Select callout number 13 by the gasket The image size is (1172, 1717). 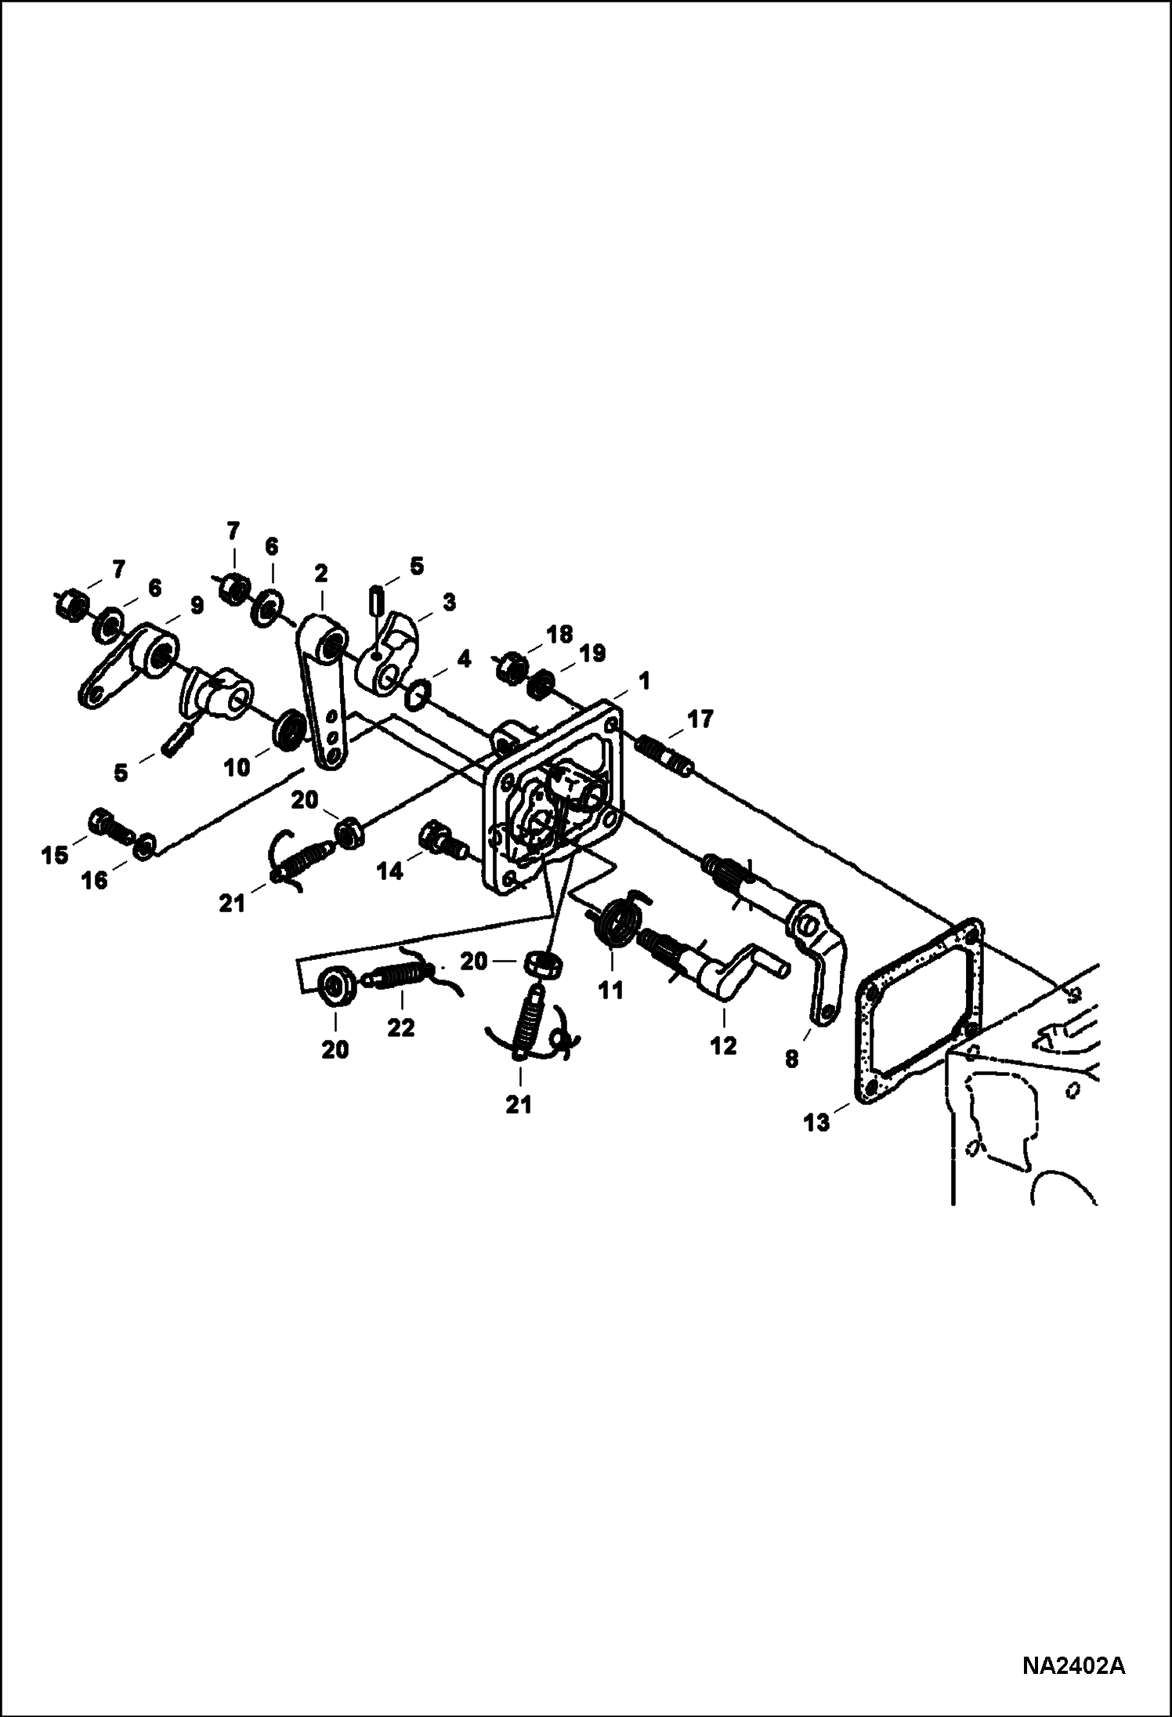click(816, 1123)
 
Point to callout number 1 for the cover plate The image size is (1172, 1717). click(643, 682)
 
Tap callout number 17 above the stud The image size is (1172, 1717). click(700, 719)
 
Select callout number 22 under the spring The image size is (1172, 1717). click(400, 1027)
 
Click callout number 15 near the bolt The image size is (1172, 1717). click(54, 855)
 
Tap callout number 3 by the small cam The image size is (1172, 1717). click(448, 603)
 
